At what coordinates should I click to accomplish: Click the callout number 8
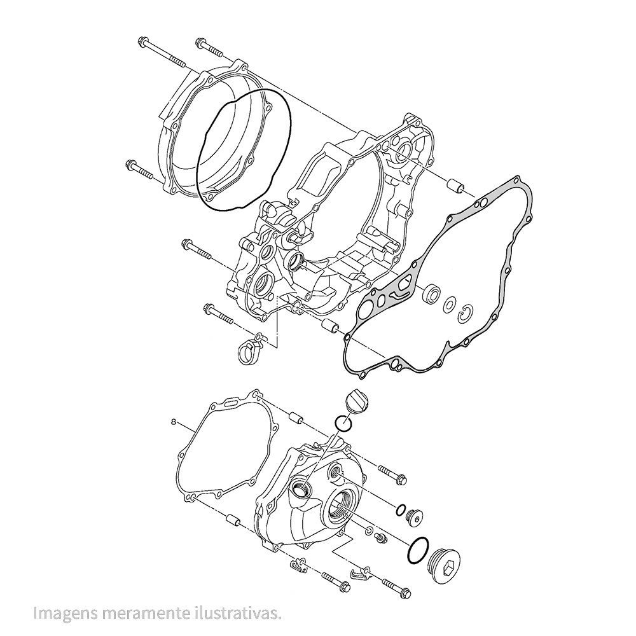(x=174, y=422)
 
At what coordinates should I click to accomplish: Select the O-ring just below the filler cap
(x=343, y=422)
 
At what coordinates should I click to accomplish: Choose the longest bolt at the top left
(x=162, y=53)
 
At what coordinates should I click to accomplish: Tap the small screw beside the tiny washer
(x=382, y=538)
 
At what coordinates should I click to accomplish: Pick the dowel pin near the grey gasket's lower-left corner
(x=329, y=327)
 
